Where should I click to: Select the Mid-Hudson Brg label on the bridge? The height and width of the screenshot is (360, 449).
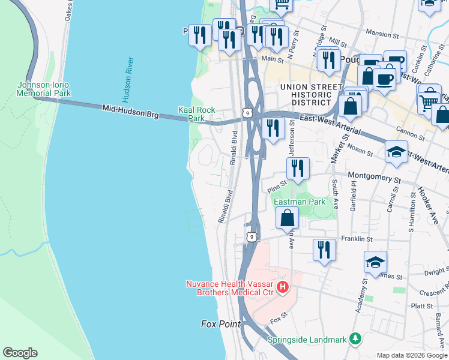click(130, 111)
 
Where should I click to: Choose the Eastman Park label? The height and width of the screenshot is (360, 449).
click(300, 202)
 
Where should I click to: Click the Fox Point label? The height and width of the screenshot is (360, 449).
click(220, 324)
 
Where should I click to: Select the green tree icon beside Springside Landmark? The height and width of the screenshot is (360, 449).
click(355, 339)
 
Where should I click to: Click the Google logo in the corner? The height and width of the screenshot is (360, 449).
click(20, 353)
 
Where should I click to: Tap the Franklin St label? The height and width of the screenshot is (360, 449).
click(357, 239)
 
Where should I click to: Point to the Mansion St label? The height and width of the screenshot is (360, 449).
click(378, 34)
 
